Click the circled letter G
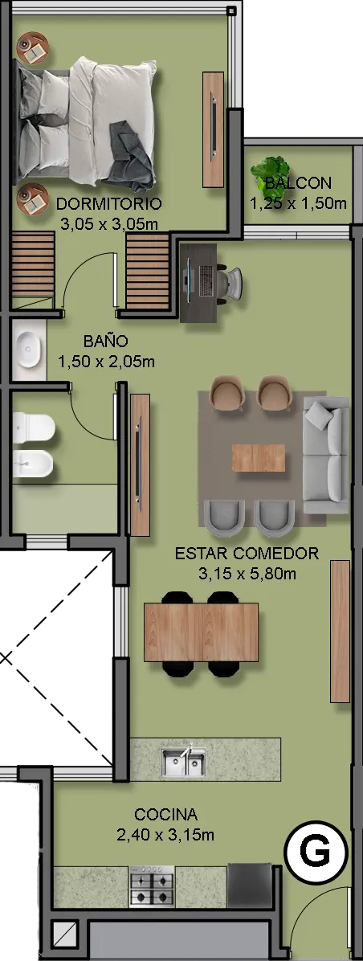coord(316,852)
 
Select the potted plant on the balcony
coord(270,170)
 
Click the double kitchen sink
coord(184,762)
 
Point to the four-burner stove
coord(153,886)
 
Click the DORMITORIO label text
coord(109,203)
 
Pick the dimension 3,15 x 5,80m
coord(247,575)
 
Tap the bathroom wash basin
coord(30,350)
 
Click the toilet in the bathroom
coord(34,427)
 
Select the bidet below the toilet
coord(34,464)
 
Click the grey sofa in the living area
coord(326,455)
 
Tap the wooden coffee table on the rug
coord(259,458)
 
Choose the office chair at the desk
coord(230,282)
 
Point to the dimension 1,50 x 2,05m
coord(106,362)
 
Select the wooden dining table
coord(201,632)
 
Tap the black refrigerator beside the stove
coord(250,885)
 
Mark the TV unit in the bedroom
coord(213,129)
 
